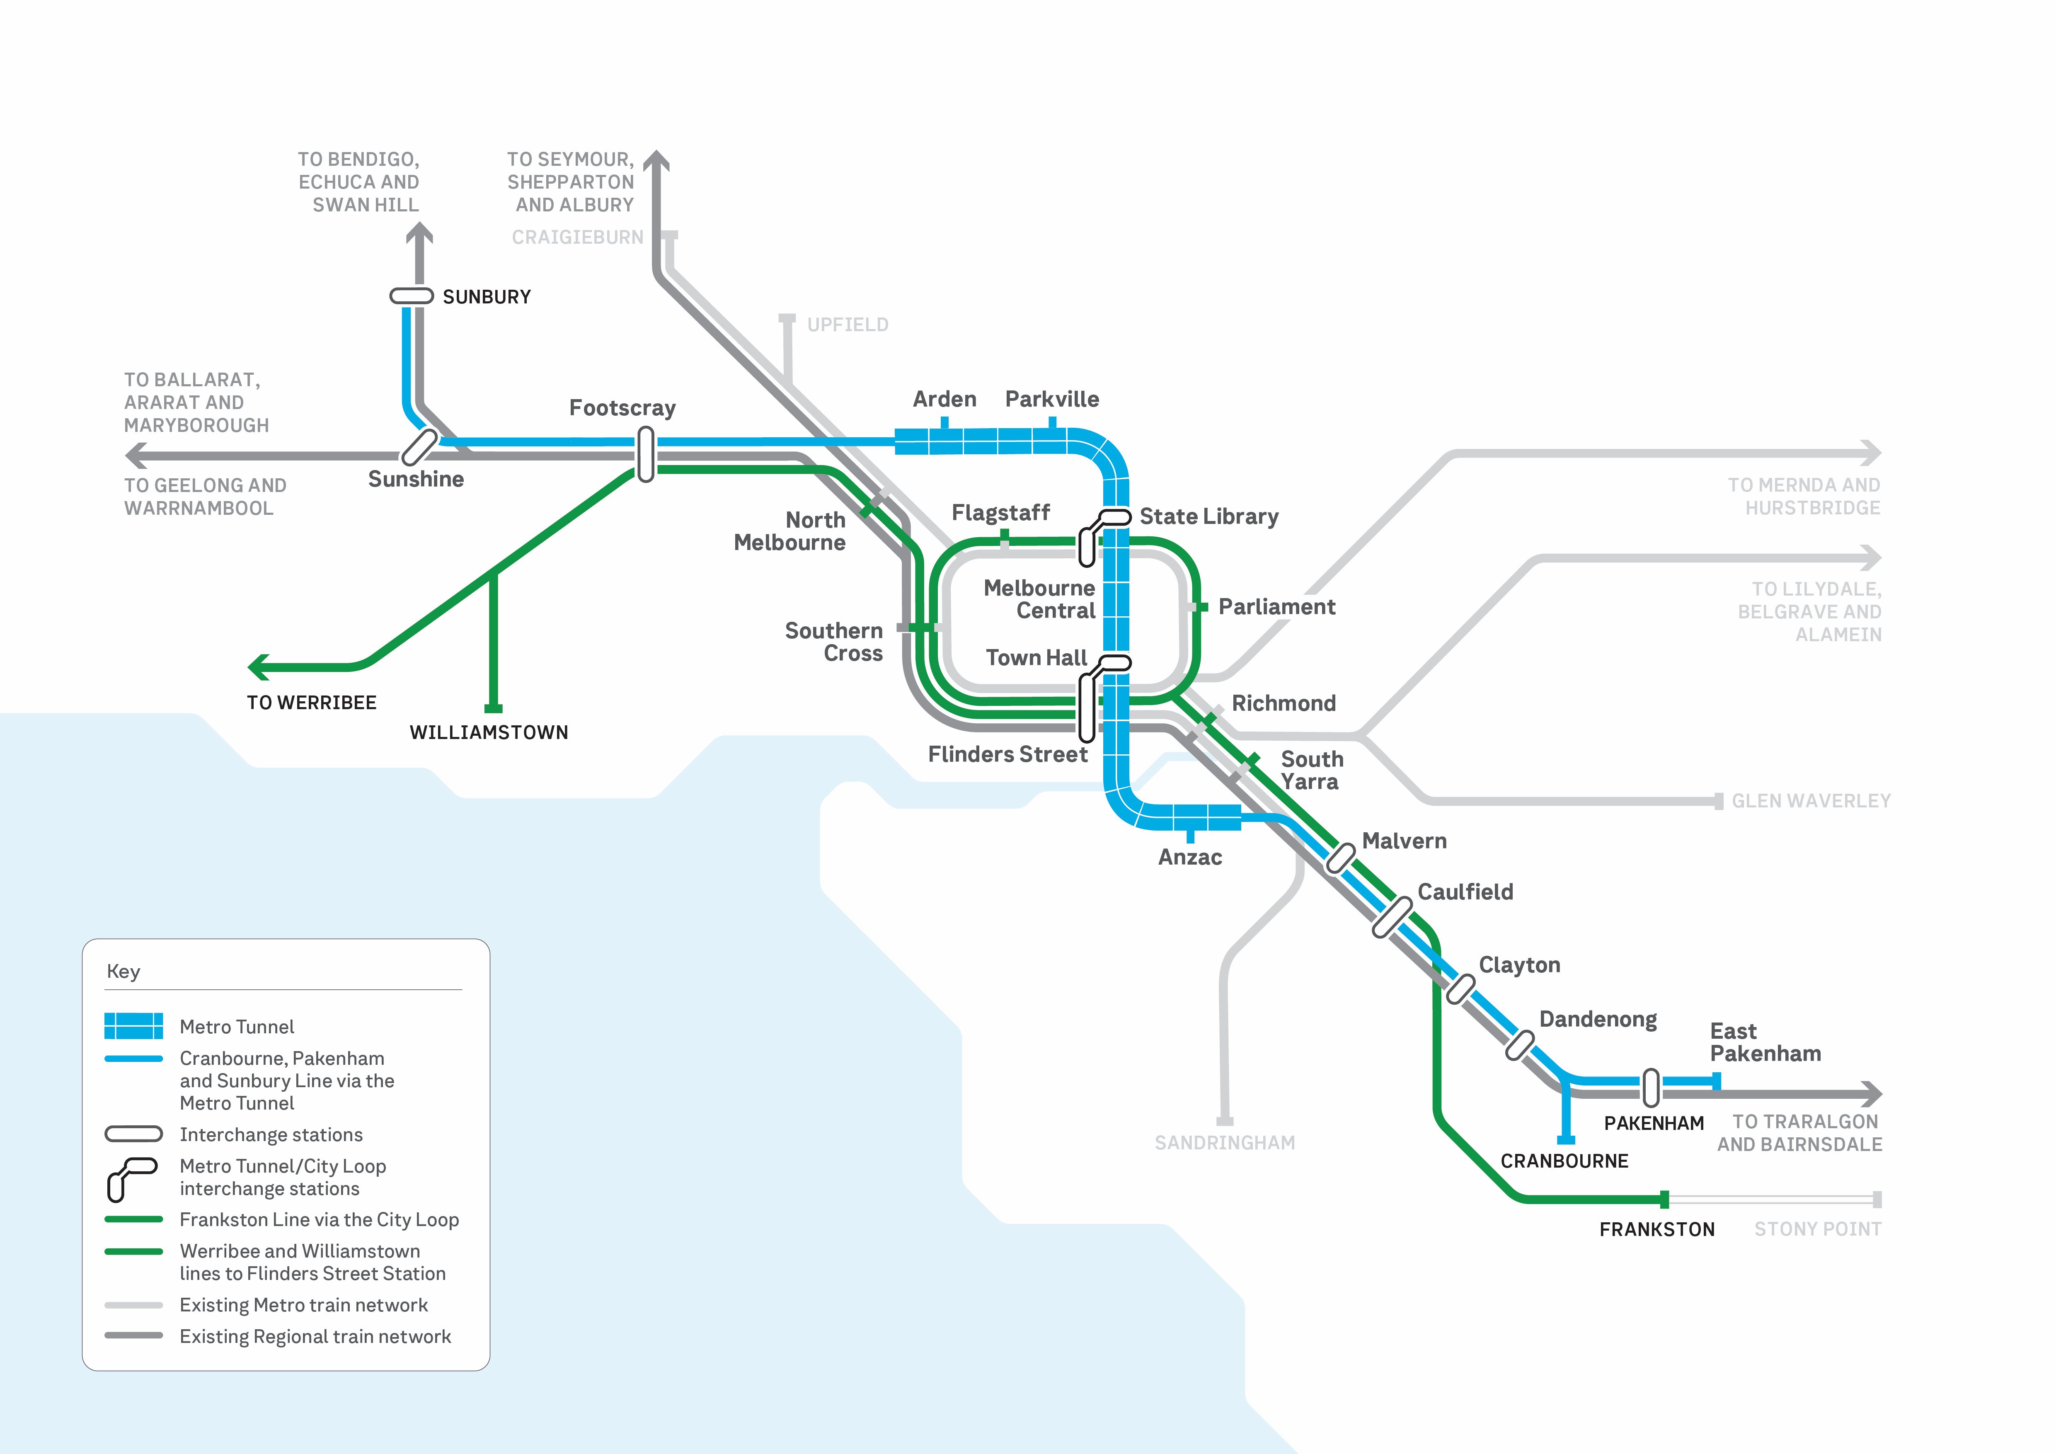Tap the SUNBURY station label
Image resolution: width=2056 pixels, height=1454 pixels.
[x=486, y=297]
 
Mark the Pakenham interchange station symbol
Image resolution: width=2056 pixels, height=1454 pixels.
[x=1650, y=1087]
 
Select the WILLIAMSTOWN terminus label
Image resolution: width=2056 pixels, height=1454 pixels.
[x=489, y=732]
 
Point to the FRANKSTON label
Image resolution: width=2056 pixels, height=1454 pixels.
[x=1656, y=1229]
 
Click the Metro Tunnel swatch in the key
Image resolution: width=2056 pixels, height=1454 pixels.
[x=133, y=1026]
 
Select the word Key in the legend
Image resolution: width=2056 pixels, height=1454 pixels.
[x=124, y=972]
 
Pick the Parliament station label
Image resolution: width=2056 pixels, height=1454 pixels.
[x=1276, y=607]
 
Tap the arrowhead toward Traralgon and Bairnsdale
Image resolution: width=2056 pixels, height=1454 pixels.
[x=1872, y=1093]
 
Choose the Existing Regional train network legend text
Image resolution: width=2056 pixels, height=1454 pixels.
[x=315, y=1337]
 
